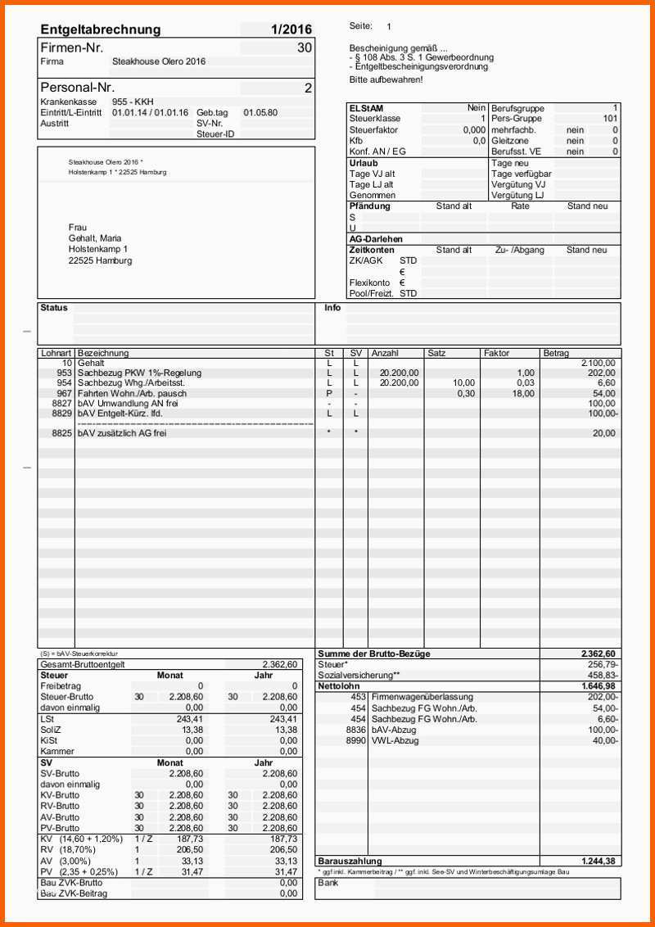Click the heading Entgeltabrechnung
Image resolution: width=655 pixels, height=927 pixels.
click(100, 30)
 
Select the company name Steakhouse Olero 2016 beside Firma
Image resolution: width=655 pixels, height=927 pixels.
click(159, 61)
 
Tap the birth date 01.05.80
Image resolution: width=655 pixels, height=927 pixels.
click(260, 112)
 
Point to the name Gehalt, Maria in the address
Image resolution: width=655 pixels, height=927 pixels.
click(95, 238)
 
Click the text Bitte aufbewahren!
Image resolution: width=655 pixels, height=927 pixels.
click(386, 80)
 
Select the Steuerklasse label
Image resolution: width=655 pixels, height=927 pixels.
click(374, 119)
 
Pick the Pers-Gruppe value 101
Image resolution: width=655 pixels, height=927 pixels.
click(610, 119)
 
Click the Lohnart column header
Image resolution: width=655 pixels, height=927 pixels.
click(55, 353)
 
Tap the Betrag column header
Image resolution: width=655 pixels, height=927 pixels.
click(556, 353)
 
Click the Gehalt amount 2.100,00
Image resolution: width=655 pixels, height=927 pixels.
click(598, 363)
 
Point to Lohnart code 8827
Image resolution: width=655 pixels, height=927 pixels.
click(61, 404)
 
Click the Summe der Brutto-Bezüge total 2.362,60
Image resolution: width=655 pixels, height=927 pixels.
click(598, 654)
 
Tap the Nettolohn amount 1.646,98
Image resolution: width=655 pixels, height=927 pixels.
click(598, 686)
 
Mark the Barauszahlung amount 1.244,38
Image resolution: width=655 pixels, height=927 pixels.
click(598, 861)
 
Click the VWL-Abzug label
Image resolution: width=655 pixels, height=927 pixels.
click(395, 740)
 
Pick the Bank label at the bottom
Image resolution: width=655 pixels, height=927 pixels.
click(328, 884)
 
